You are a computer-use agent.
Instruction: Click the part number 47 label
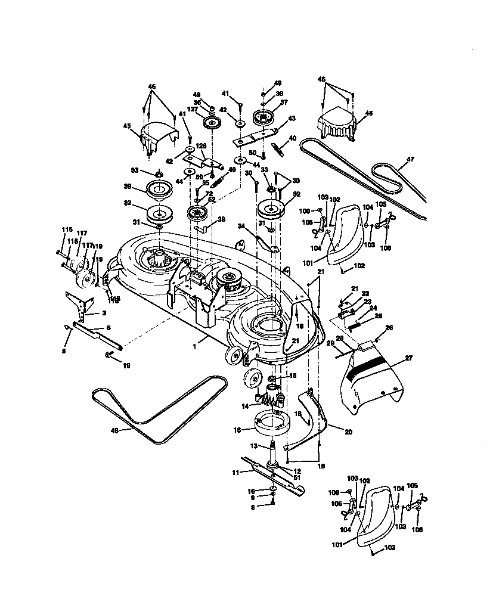pyautogui.click(x=410, y=159)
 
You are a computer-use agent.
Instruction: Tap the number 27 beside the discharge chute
pyautogui.click(x=408, y=358)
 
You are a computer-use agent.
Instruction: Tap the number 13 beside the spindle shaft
pyautogui.click(x=253, y=445)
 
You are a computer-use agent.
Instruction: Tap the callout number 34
pyautogui.click(x=241, y=226)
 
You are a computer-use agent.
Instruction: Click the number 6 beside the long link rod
pyautogui.click(x=108, y=328)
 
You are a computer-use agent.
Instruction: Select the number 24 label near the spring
pyautogui.click(x=373, y=308)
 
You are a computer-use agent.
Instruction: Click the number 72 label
pyautogui.click(x=209, y=194)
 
